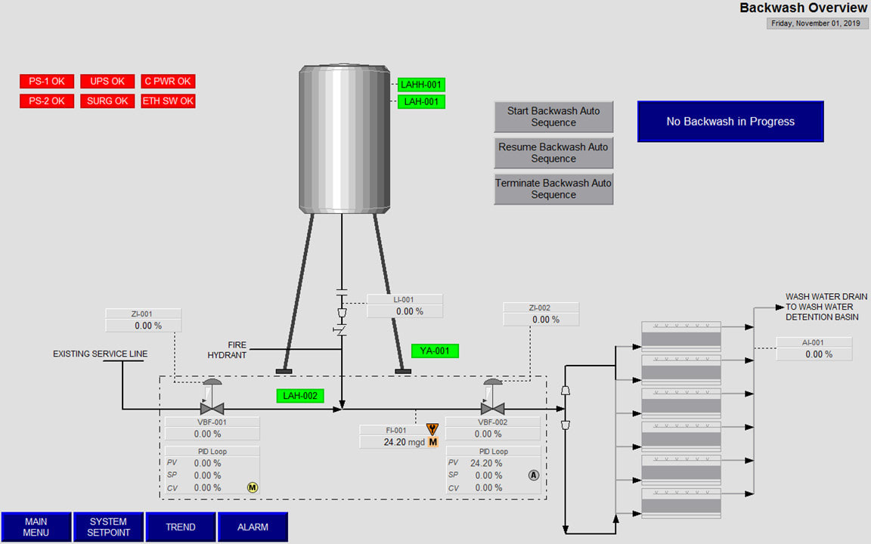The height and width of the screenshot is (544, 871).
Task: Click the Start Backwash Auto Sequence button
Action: click(x=553, y=117)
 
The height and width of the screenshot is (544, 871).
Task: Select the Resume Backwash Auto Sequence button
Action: click(x=553, y=153)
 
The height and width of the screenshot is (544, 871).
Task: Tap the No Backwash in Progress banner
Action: click(x=730, y=122)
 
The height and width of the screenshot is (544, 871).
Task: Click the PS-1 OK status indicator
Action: click(x=47, y=82)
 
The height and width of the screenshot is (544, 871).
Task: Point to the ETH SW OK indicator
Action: click(x=168, y=101)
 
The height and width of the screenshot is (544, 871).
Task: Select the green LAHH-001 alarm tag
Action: click(x=421, y=85)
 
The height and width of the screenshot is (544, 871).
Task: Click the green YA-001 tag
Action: click(x=435, y=351)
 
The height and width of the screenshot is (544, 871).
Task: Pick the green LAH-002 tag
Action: click(x=299, y=395)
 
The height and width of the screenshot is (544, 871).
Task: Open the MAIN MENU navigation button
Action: click(x=36, y=527)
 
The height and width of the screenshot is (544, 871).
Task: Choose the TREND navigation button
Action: click(x=181, y=527)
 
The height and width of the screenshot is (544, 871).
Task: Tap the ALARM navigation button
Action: click(x=253, y=527)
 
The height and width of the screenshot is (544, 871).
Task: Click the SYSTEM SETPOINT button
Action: click(x=109, y=527)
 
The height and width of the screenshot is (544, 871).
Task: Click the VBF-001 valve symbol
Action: click(x=212, y=407)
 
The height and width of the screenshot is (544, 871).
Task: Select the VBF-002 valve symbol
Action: click(x=492, y=407)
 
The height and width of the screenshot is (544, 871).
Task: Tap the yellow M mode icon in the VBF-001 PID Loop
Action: click(x=253, y=487)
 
